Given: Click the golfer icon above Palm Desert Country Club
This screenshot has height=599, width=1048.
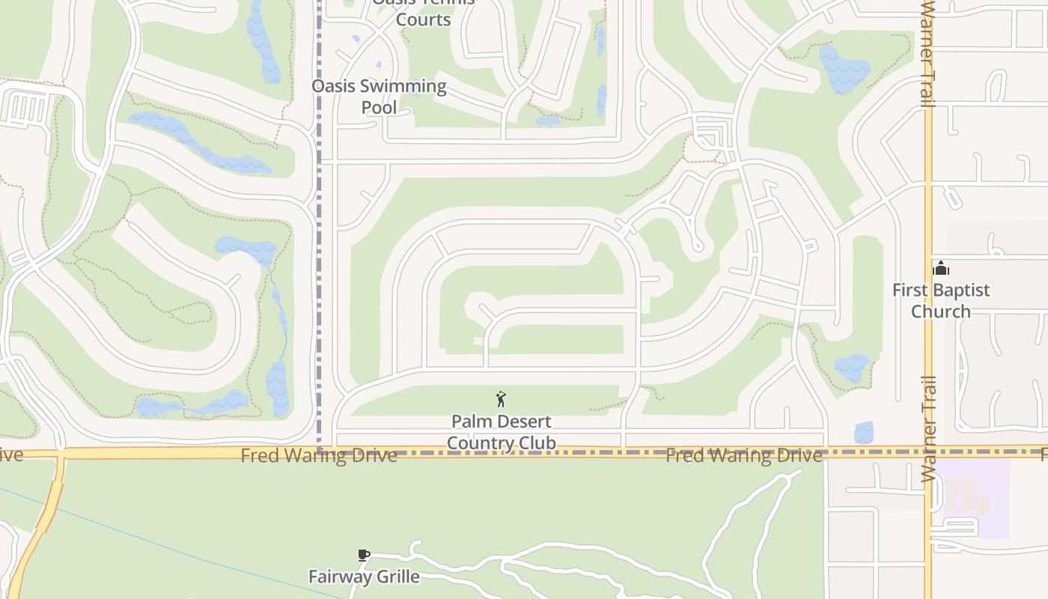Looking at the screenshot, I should [x=501, y=399].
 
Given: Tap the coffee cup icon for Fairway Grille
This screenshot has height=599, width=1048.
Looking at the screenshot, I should [x=364, y=556].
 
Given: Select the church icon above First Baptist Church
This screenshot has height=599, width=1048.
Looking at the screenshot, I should [x=941, y=268].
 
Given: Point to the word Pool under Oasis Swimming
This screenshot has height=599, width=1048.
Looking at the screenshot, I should [x=379, y=108].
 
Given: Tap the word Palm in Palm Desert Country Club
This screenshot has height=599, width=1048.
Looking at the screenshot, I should [x=470, y=422].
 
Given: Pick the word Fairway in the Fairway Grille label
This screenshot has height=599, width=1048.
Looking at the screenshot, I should [x=337, y=577].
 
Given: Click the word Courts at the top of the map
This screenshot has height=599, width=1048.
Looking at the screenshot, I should [x=423, y=19].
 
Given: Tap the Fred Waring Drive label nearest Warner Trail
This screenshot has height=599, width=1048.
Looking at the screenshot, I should [x=744, y=455].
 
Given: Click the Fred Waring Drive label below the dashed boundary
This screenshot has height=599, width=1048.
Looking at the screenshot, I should [x=319, y=455].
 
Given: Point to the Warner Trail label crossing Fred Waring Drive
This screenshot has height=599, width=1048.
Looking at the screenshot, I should [x=928, y=428].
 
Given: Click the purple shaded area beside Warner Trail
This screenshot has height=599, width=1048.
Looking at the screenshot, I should [x=973, y=498].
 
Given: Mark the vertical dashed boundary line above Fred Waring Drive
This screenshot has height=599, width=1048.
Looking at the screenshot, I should [x=320, y=225].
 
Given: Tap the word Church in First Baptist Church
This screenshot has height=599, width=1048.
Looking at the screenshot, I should [x=940, y=311].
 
